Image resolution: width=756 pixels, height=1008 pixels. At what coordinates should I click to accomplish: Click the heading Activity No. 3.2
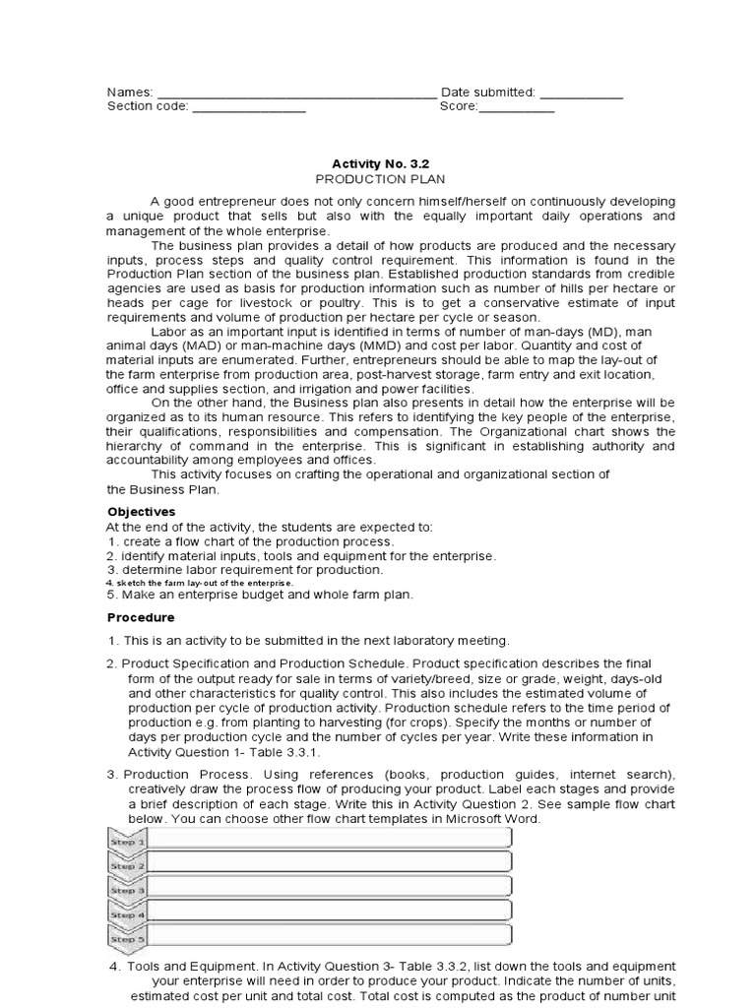pos(379,165)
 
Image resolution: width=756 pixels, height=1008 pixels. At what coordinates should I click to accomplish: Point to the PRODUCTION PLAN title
pos(379,180)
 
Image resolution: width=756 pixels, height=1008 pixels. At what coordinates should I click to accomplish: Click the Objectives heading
pos(141,512)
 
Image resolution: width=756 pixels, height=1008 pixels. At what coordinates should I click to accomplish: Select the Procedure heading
pos(140,617)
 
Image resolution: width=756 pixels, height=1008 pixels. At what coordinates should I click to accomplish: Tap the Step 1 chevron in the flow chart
pos(127,842)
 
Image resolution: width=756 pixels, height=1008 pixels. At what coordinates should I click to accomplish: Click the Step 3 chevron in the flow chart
pos(127,890)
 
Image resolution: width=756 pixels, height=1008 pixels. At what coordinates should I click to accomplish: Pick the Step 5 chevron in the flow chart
pos(127,939)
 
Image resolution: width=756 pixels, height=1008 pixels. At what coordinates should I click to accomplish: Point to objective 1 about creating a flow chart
pos(250,541)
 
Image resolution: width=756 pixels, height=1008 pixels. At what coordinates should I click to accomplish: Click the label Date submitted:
pos(487,93)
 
